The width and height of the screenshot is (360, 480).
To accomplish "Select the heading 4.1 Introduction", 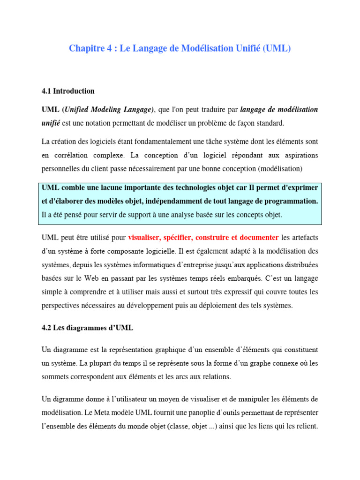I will pyautogui.click(x=68, y=91).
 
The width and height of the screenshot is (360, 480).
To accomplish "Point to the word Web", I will pyautogui.click(x=105, y=278).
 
